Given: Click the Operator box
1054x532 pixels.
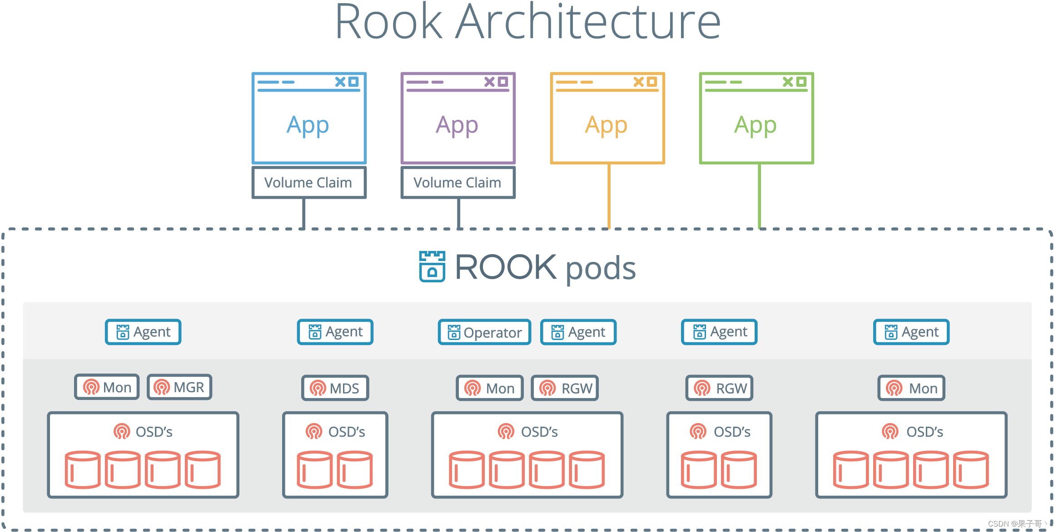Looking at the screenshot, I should pos(484,332).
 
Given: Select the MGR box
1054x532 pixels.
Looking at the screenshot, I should pos(179,387).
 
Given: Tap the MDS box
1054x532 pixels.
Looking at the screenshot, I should pos(335,388).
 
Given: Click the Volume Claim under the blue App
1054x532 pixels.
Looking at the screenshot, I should pos(309,182).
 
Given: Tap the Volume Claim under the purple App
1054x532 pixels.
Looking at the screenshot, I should pos(458,182).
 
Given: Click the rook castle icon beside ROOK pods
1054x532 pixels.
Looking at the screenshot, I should pos(432,266).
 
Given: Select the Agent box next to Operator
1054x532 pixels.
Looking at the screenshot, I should pos(578,332).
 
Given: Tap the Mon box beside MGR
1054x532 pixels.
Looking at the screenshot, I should pos(107,387).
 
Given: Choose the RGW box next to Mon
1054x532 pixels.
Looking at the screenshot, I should pos(565,388).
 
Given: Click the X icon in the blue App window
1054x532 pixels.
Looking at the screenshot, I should pos(340,82).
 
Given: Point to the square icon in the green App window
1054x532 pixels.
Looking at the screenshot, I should pos(801,82).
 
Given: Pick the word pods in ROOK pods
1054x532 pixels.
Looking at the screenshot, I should pos(600,268).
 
